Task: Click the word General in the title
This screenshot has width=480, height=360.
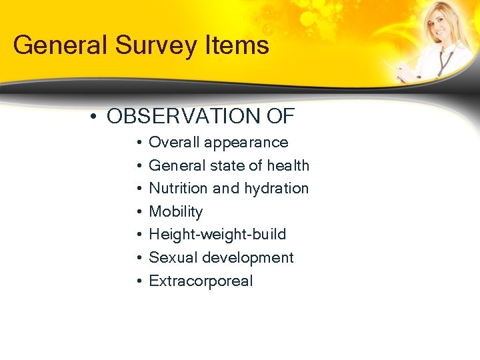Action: pos(55,45)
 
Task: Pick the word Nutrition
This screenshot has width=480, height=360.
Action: pos(177,189)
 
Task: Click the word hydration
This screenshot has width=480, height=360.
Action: pos(277,189)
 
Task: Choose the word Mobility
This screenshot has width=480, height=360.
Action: pos(175,212)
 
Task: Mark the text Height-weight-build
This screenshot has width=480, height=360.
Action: pos(217,235)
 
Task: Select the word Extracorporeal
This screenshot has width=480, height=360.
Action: pos(201,281)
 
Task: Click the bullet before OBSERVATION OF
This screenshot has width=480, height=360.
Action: pos(96,117)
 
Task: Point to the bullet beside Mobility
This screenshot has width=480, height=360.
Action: pos(137,212)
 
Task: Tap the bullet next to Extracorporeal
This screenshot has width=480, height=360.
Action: pos(137,281)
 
